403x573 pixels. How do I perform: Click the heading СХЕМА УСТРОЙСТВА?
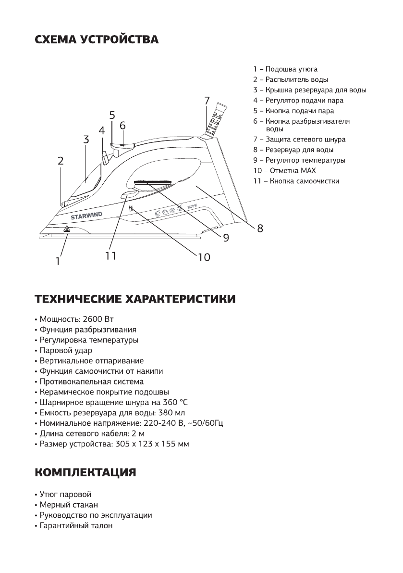97,39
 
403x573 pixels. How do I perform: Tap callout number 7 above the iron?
207,101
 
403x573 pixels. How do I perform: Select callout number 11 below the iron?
111,256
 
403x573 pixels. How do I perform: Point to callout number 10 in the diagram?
204,258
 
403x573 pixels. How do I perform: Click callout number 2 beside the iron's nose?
61,161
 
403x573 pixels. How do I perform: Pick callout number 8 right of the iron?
260,229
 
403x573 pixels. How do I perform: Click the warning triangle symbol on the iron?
67,229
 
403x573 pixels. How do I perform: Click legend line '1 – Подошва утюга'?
285,69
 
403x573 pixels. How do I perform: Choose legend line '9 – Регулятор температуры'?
299,160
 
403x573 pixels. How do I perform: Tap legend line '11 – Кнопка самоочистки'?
296,181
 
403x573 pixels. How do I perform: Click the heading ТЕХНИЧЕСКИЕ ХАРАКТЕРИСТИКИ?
135,299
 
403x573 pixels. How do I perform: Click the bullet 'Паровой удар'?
65,351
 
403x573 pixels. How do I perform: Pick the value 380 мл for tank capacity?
171,413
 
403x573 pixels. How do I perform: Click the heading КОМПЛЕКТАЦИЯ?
85,472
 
